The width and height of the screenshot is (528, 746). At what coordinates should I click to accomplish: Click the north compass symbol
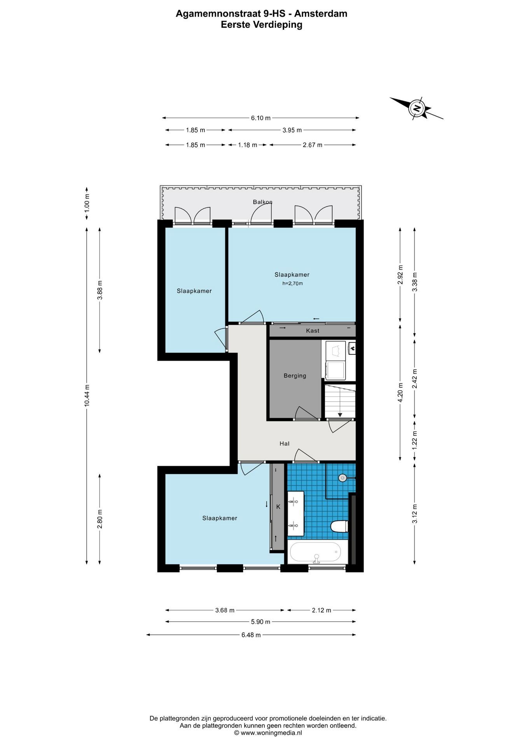[x=416, y=108]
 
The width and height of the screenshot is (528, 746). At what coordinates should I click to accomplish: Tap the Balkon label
[x=262, y=202]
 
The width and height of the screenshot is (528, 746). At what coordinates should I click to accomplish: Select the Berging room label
[x=295, y=376]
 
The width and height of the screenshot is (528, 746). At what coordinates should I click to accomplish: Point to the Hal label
[x=284, y=443]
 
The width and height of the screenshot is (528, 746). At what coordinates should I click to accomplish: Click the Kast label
[x=313, y=331]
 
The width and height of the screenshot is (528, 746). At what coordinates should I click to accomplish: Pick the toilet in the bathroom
[x=339, y=526]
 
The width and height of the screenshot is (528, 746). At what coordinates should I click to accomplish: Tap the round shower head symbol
[x=342, y=478]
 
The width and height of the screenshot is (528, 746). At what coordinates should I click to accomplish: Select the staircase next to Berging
[x=340, y=401]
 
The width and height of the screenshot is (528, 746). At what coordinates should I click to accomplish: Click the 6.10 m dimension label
[x=261, y=118]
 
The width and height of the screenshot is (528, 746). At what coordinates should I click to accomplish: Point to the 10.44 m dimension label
[x=87, y=396]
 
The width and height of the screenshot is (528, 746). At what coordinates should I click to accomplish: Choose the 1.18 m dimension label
[x=247, y=145]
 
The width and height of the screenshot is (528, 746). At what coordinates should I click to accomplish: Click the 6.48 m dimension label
[x=251, y=635]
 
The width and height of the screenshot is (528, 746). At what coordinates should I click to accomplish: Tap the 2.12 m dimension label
[x=322, y=610]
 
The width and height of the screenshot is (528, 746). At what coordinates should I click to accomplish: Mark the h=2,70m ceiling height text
[x=292, y=284]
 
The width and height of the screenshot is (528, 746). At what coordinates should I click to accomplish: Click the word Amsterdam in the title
[x=321, y=14]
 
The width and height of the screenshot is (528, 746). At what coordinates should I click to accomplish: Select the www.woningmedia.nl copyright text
[x=268, y=733]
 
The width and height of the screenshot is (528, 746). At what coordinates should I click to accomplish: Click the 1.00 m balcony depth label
[x=87, y=202]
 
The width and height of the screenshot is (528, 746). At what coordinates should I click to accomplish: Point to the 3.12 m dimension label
[x=415, y=514]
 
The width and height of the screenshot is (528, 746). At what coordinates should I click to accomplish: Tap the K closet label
[x=278, y=507]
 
